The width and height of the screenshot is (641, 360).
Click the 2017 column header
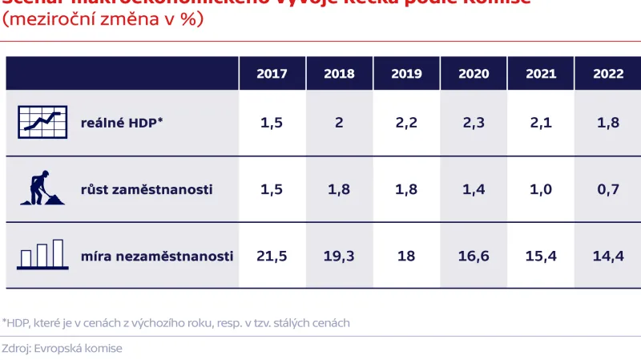click(x=272, y=74)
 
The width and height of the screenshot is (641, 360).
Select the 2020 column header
click(x=474, y=74)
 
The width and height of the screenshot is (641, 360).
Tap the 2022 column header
click(x=608, y=74)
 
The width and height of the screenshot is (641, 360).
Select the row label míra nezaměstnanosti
click(x=157, y=256)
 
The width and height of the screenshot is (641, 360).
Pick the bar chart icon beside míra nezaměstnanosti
click(x=40, y=254)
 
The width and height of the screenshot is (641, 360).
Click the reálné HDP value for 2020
click(x=474, y=123)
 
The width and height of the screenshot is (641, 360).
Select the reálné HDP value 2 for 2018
click(x=339, y=123)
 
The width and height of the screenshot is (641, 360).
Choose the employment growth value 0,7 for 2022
click(x=608, y=189)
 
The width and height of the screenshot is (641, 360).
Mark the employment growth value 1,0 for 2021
click(x=541, y=189)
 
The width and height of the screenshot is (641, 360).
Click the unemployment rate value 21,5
click(x=272, y=256)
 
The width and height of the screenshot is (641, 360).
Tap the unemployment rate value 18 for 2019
click(x=406, y=256)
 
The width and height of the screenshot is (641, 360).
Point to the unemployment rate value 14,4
click(x=608, y=256)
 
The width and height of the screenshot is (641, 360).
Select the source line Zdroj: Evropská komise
click(x=62, y=349)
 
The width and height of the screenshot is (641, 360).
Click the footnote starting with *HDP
click(x=176, y=322)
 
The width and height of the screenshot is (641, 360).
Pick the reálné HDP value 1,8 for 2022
click(x=608, y=123)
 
